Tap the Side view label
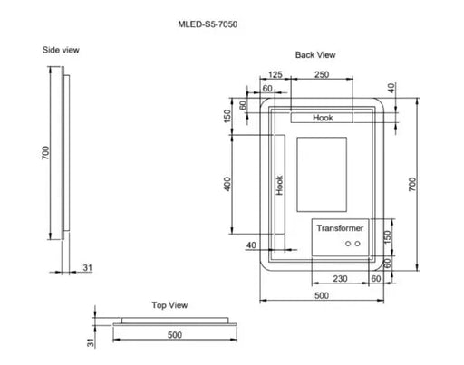click(61, 50)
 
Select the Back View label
click(315, 55)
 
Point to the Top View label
click(169, 304)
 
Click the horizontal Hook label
click(324, 118)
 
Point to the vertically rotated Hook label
click(280, 187)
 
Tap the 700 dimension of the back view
click(412, 186)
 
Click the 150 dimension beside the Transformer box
click(389, 236)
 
